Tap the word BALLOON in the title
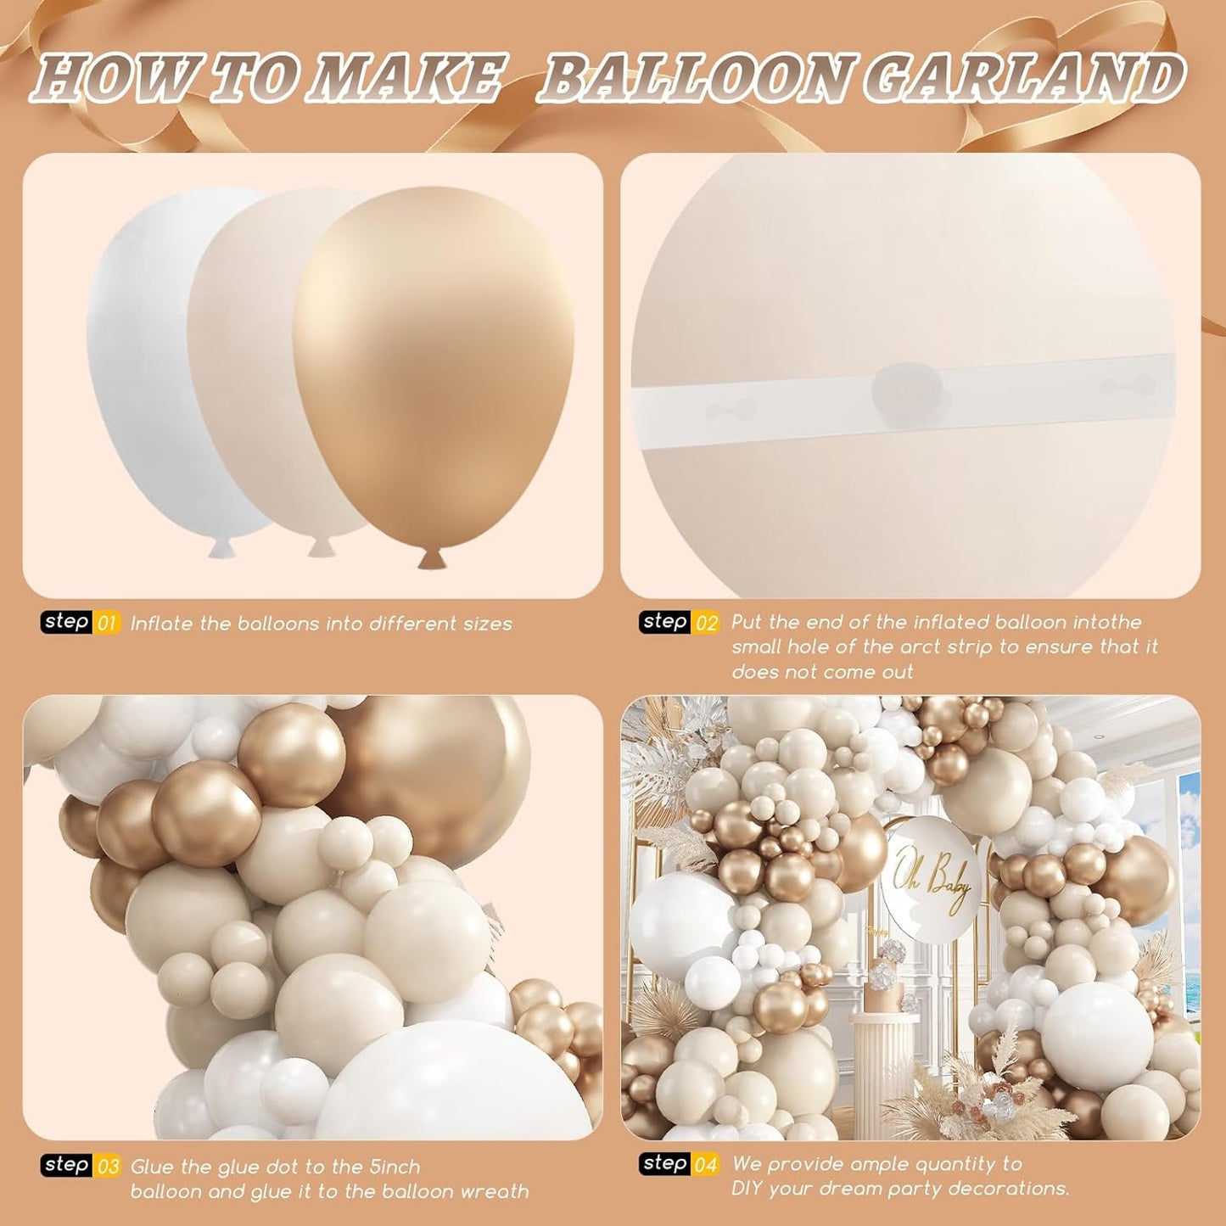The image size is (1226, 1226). pos(696,78)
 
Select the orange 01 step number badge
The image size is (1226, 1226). pos(107,624)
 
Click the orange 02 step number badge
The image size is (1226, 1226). pos(707,623)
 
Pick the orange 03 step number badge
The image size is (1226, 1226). pos(108,1167)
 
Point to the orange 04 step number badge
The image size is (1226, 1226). pos(707,1164)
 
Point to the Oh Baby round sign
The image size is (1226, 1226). pos(931,879)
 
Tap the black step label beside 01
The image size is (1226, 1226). pos(67,622)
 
